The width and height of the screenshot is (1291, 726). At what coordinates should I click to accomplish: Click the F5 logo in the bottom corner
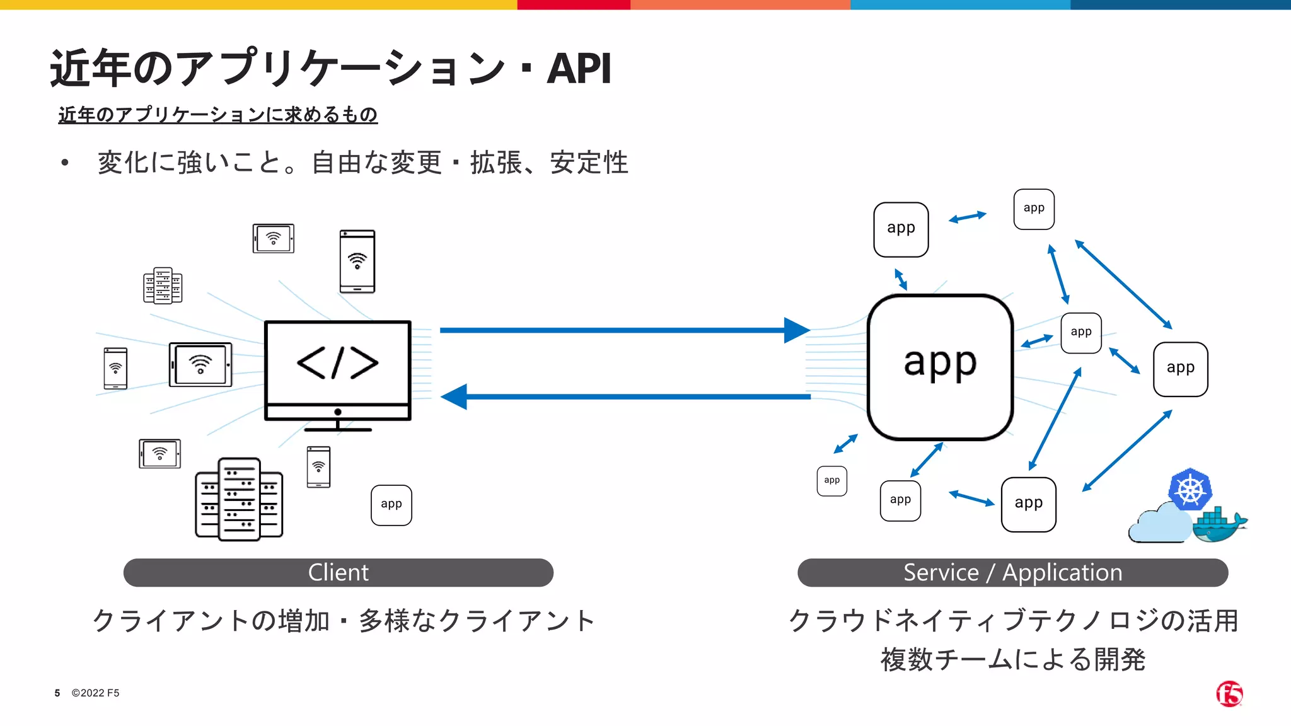pyautogui.click(x=1229, y=694)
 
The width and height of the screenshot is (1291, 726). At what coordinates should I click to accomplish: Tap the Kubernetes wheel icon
pyautogui.click(x=1190, y=490)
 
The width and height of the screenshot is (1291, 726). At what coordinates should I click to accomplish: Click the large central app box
pyautogui.click(x=940, y=367)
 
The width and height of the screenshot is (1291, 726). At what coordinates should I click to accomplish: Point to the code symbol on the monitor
pyautogui.click(x=338, y=362)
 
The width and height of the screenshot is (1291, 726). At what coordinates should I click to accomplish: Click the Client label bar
pyautogui.click(x=339, y=572)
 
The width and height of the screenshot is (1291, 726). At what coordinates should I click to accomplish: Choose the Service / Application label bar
pyautogui.click(x=1013, y=572)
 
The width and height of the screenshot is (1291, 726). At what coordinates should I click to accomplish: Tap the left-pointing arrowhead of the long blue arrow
pyautogui.click(x=454, y=397)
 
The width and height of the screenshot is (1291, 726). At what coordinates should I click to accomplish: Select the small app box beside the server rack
pyautogui.click(x=391, y=505)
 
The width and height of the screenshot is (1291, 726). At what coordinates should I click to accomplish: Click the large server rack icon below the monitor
pyautogui.click(x=239, y=499)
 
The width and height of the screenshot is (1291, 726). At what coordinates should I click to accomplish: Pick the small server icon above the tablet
pyautogui.click(x=163, y=285)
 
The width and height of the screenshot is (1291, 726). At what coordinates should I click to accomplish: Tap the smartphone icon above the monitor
pyautogui.click(x=357, y=262)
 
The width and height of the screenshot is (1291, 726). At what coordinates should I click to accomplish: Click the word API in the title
pyautogui.click(x=579, y=68)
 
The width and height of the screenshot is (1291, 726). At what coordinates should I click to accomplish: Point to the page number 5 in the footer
pyautogui.click(x=57, y=693)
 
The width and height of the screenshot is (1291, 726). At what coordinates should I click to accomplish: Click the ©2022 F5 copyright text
pyautogui.click(x=95, y=693)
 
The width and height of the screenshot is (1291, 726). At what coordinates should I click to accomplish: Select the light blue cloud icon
pyautogui.click(x=1161, y=523)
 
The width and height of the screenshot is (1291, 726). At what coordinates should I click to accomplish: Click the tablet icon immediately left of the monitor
pyautogui.click(x=200, y=364)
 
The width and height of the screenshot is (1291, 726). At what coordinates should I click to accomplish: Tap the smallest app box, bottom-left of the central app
pyautogui.click(x=832, y=481)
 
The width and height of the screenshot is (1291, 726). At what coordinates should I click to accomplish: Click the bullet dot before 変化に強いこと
pyautogui.click(x=64, y=163)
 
